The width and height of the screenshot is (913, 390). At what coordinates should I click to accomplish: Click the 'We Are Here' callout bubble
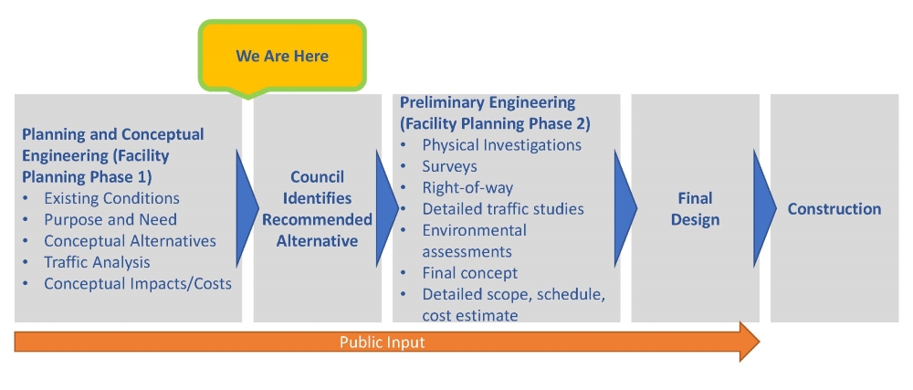tap(282, 57)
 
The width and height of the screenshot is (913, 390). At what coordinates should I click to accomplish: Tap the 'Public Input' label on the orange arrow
tap(382, 343)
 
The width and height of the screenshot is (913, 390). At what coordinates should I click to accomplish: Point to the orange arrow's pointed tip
tap(760, 342)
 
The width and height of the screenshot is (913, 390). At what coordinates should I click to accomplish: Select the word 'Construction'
tap(834, 209)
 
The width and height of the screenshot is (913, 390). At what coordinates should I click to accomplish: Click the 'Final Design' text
tap(695, 209)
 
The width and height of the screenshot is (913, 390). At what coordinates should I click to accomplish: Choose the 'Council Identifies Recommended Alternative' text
tap(318, 209)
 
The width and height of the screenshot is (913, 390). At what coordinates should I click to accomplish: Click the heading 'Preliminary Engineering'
tap(488, 103)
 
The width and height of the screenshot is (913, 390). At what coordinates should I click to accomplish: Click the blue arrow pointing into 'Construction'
tap(764, 208)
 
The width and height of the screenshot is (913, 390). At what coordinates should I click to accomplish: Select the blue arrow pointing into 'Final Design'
tap(625, 208)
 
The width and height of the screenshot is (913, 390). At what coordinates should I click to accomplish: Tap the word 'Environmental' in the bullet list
tap(475, 230)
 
